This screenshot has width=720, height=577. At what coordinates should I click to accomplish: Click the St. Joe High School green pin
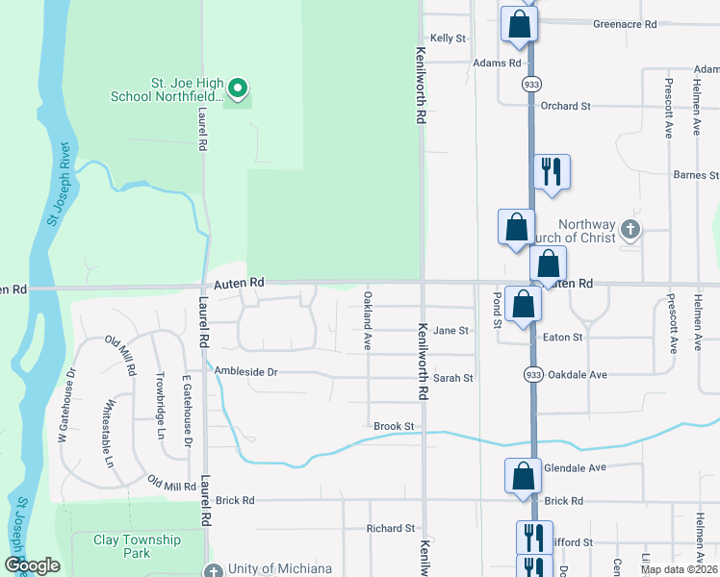[237, 90]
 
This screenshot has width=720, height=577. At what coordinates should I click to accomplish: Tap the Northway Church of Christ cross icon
[630, 230]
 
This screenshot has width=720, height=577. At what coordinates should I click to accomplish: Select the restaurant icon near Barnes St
[552, 172]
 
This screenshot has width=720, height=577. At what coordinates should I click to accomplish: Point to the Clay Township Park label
[136, 546]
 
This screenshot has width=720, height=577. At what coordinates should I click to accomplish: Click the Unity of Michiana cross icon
[214, 569]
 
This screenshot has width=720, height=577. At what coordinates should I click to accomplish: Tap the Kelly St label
[448, 38]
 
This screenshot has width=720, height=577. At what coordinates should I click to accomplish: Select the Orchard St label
[565, 106]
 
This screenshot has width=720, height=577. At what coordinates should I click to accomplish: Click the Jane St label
[450, 330]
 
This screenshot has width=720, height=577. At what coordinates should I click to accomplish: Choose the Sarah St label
[453, 378]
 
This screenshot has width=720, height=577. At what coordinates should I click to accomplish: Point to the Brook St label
[394, 426]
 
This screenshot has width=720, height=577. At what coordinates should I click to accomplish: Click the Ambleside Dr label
[245, 371]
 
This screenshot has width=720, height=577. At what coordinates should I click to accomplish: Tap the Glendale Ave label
[575, 467]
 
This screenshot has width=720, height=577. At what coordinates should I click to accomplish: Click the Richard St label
[390, 528]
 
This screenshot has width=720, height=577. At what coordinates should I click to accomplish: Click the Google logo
[33, 565]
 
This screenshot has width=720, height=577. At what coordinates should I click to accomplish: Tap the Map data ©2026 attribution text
[679, 569]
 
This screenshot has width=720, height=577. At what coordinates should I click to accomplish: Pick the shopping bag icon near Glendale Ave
[523, 476]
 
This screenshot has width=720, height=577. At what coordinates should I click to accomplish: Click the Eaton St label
[563, 338]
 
